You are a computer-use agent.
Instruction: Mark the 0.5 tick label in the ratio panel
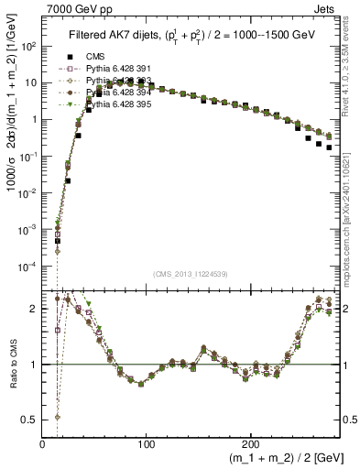point(29,420)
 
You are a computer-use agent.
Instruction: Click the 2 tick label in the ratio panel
point(34,309)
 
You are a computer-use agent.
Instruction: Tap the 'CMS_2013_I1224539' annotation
point(190,273)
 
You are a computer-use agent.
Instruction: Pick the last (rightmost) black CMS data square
point(329,147)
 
